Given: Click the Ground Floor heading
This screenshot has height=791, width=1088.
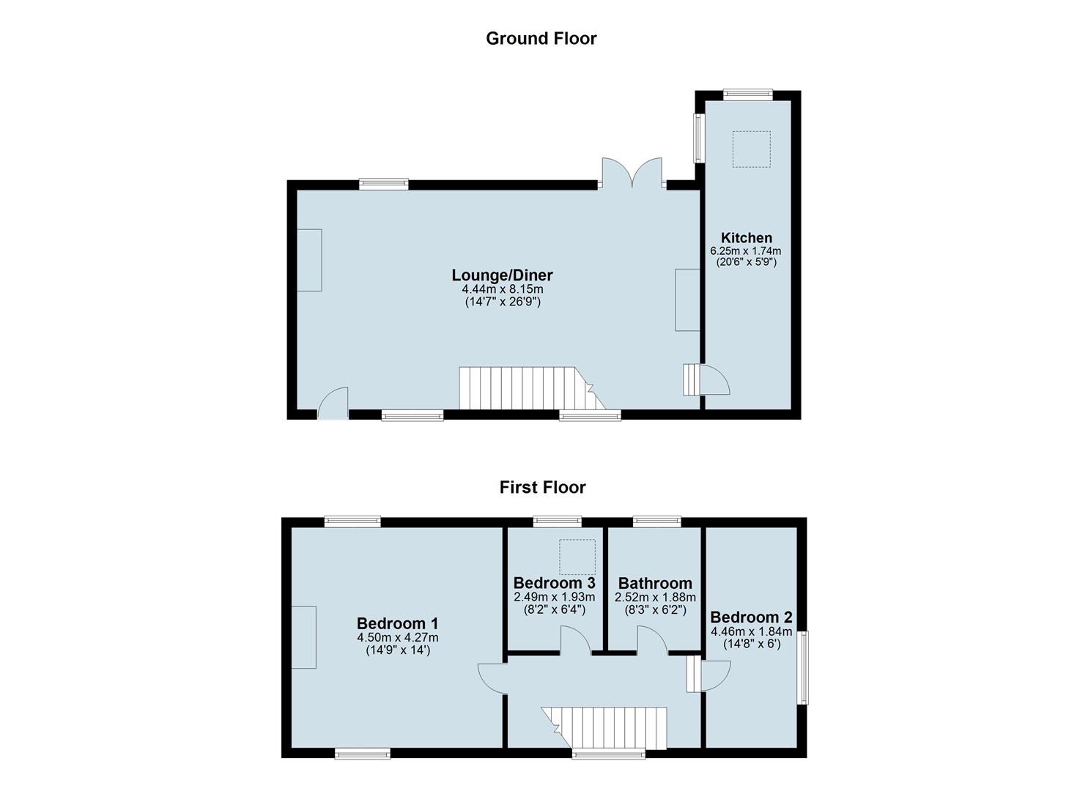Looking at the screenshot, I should click(x=541, y=38).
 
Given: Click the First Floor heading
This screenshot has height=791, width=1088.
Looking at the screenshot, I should click(x=542, y=487).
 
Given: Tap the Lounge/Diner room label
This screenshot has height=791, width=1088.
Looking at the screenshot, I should click(x=502, y=275).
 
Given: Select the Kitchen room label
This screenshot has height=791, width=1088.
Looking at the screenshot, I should click(x=746, y=237).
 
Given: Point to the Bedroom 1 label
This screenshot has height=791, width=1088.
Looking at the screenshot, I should click(x=397, y=623).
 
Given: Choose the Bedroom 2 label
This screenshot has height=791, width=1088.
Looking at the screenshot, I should click(x=750, y=617).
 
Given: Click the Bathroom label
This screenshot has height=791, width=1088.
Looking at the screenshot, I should click(x=654, y=583).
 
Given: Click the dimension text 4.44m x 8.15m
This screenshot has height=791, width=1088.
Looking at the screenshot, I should click(x=502, y=289).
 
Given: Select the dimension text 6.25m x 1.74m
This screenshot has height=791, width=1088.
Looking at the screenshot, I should click(x=746, y=251).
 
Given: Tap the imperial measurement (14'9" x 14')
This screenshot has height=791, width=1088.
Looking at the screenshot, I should click(x=397, y=649).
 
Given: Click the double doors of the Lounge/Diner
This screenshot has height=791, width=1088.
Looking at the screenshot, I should click(x=632, y=174).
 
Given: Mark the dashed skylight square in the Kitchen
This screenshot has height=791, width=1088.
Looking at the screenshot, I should click(x=752, y=149).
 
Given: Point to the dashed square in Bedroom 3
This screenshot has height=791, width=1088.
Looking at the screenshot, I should click(x=577, y=557).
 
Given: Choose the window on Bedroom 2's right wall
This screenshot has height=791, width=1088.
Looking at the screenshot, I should click(x=803, y=668).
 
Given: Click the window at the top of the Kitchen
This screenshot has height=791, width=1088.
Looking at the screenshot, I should click(x=747, y=94).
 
